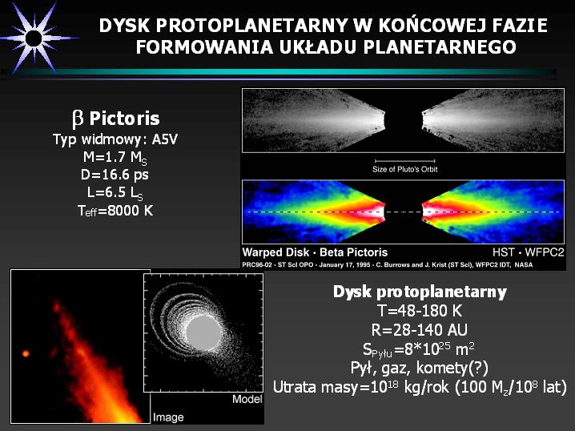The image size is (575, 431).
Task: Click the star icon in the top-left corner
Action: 34,38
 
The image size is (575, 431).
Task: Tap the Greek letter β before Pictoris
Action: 78,119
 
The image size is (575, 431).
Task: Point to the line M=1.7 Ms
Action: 115,158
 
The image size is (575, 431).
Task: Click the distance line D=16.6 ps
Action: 115,175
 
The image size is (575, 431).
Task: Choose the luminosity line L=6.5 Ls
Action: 115,192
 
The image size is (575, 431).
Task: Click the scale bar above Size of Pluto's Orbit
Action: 405,161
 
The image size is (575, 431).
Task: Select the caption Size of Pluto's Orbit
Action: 405,170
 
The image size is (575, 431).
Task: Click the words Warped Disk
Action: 275,252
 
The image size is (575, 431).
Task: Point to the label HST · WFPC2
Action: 528,252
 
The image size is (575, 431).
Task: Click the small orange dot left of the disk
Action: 26,353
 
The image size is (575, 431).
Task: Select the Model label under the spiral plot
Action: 247,399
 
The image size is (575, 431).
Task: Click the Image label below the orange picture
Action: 168,417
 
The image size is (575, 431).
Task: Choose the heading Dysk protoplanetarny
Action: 420,292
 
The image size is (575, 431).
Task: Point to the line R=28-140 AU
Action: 420,330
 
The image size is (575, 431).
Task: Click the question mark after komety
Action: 478,368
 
